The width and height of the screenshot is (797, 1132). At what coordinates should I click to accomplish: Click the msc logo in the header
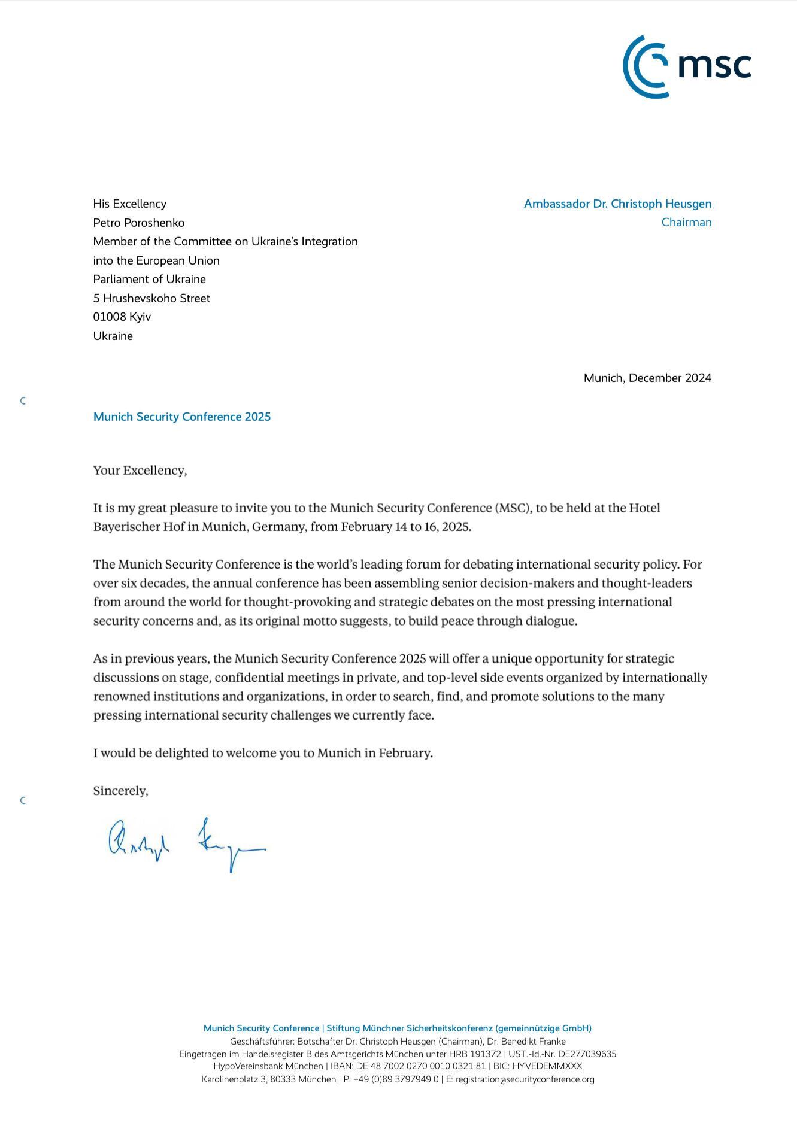click(686, 66)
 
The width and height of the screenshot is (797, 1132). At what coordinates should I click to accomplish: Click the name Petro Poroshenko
click(139, 223)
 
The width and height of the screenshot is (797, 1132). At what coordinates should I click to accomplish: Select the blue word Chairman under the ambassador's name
click(686, 222)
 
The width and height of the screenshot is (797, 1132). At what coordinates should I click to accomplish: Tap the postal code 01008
click(109, 317)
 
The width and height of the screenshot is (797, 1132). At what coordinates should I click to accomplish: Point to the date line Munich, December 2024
click(647, 378)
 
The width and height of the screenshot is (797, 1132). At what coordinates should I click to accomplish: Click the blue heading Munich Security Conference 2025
click(182, 417)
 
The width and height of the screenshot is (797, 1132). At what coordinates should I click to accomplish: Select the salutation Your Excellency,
click(140, 471)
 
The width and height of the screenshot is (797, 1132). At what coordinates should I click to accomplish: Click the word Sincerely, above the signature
click(120, 791)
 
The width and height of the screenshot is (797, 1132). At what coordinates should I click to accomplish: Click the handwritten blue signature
click(186, 843)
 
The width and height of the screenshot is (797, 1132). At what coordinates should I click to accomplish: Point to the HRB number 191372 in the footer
click(486, 1054)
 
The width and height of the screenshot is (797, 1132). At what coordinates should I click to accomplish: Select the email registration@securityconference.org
click(525, 1079)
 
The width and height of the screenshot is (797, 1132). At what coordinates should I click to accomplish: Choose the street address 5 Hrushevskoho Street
click(151, 298)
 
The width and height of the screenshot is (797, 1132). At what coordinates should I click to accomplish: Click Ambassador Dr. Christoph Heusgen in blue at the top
click(617, 204)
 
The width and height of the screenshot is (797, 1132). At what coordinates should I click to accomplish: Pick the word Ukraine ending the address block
click(113, 336)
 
